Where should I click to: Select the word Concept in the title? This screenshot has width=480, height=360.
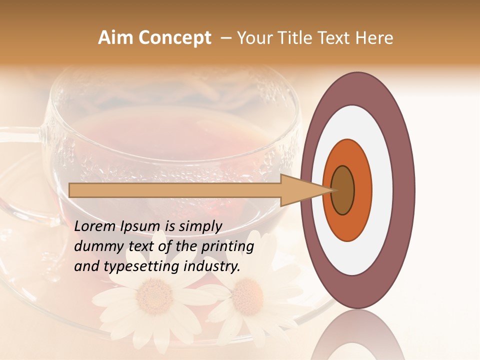point(174,38)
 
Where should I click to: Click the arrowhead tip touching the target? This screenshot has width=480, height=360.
point(331,190)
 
